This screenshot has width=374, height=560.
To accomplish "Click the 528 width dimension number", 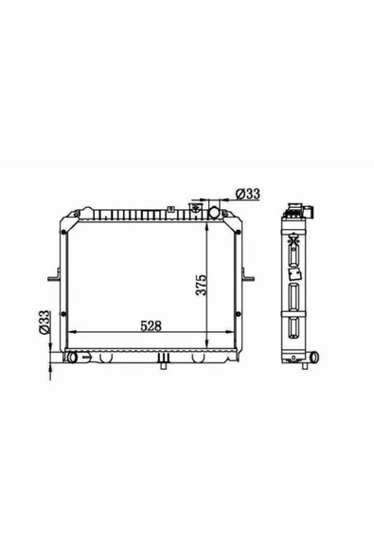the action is [151, 325].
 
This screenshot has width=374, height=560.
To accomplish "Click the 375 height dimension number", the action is [202, 285].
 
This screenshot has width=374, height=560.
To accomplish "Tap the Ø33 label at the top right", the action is [248, 194].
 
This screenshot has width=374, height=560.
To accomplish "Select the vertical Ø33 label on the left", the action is [45, 323].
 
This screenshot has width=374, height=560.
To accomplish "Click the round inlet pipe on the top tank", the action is [215, 212].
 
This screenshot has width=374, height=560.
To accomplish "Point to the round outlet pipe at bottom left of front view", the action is [72, 358].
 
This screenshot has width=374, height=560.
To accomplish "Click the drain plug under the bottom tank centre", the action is [164, 365].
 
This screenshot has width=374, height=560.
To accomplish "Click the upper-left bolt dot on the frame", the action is [63, 233].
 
